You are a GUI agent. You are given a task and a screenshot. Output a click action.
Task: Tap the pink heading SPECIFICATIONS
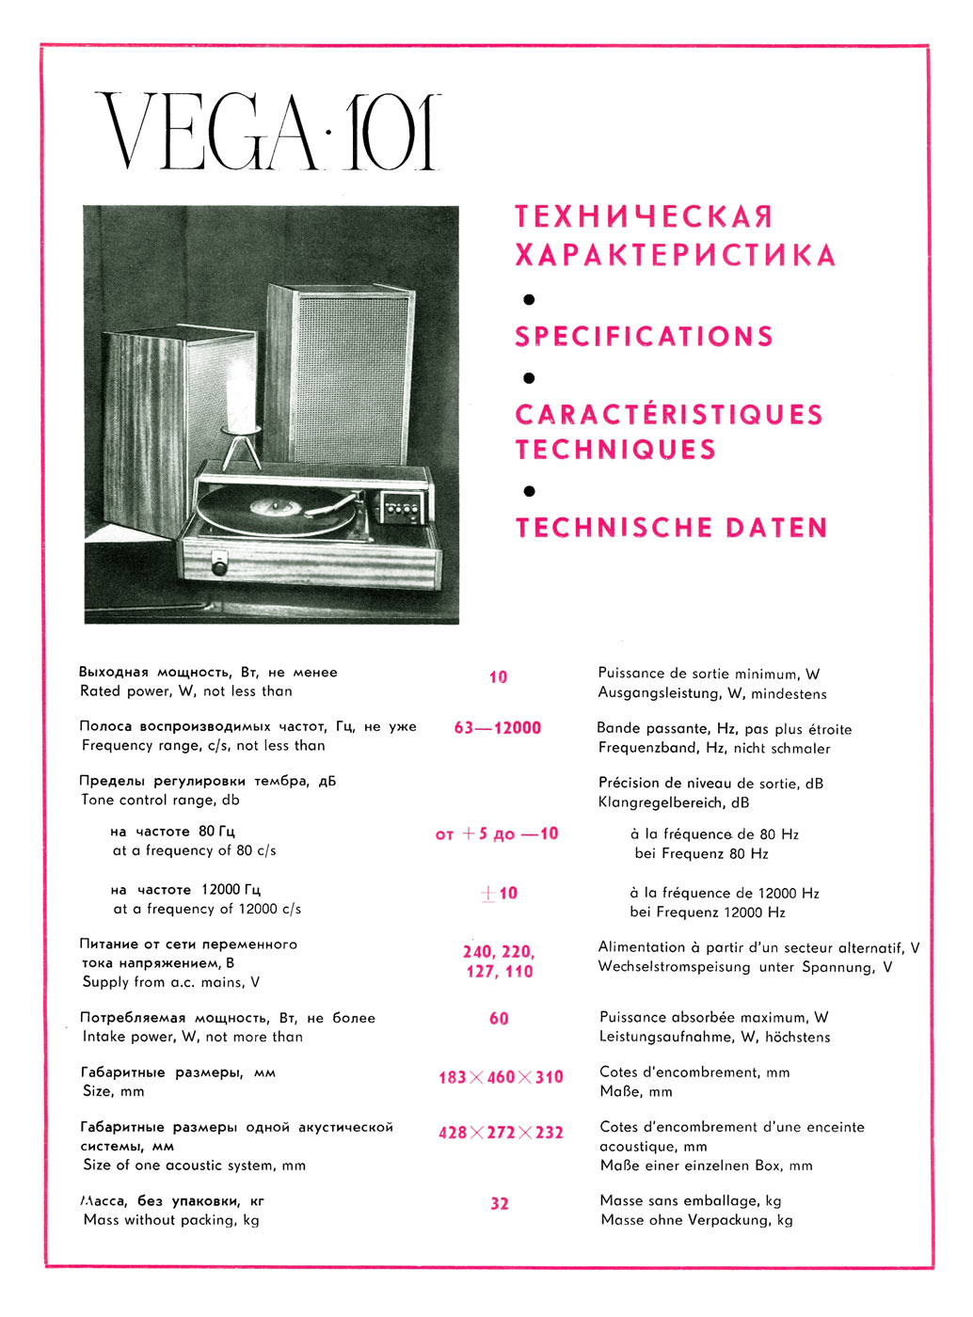(644, 336)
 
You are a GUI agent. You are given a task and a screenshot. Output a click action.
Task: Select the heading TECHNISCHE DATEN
(671, 527)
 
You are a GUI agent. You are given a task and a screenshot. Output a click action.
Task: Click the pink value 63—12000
(498, 728)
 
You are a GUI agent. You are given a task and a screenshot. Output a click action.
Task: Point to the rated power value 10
(498, 677)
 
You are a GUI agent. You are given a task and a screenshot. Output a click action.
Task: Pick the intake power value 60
(499, 1019)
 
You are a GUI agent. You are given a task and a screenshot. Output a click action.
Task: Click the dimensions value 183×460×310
(501, 1077)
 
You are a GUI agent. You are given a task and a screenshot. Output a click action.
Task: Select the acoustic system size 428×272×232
(501, 1133)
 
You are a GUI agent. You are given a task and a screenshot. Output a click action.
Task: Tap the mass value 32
(500, 1203)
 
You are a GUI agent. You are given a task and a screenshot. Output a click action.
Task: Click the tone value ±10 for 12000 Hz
(499, 894)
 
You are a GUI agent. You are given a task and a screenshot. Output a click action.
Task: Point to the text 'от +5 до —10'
(497, 834)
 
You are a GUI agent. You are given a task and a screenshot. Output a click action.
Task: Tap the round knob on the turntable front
(220, 567)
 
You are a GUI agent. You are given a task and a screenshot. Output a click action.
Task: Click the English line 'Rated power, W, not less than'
(186, 691)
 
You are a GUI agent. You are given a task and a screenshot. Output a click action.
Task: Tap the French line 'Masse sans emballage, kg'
(691, 1201)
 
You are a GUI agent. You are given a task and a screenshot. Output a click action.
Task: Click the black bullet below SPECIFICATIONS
(529, 378)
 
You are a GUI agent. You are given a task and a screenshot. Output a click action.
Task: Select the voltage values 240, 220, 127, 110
(499, 961)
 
